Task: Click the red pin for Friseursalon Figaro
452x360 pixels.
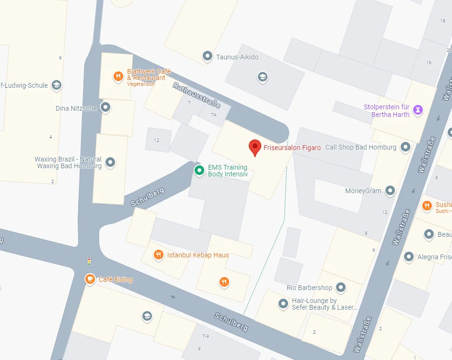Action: click(x=255, y=147)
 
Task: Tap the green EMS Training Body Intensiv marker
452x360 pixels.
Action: click(x=199, y=170)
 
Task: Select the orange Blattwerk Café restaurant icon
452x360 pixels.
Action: click(x=118, y=76)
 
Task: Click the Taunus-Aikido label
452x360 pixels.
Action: click(x=237, y=57)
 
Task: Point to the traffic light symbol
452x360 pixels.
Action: click(x=89, y=262)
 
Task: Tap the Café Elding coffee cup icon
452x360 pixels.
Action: click(x=90, y=279)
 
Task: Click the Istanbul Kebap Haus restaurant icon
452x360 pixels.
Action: click(x=158, y=255)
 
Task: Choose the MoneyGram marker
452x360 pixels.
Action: click(x=391, y=191)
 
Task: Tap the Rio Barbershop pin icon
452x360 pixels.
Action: click(x=341, y=288)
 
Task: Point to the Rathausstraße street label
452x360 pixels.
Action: click(x=197, y=96)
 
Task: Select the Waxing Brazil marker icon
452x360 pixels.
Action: click(x=110, y=163)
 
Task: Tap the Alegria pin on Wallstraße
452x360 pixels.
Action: click(x=409, y=257)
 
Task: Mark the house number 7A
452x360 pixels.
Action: click(x=213, y=115)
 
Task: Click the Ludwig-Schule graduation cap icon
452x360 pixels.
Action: click(x=57, y=85)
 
